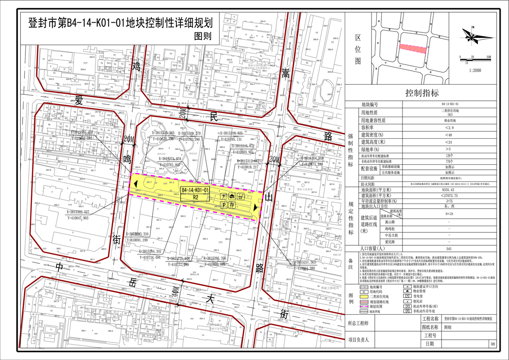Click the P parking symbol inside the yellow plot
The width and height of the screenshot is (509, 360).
tap(224, 205)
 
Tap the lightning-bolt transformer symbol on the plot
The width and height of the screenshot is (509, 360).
tap(224, 196)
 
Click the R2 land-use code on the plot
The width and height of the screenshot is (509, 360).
tap(196, 197)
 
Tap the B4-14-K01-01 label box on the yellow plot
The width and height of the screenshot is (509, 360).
tap(196, 190)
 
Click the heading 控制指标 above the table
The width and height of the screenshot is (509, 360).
tap(422, 93)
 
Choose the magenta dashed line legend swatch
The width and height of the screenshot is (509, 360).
tap(364, 306)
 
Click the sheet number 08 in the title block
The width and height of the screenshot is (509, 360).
tap(492, 344)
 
